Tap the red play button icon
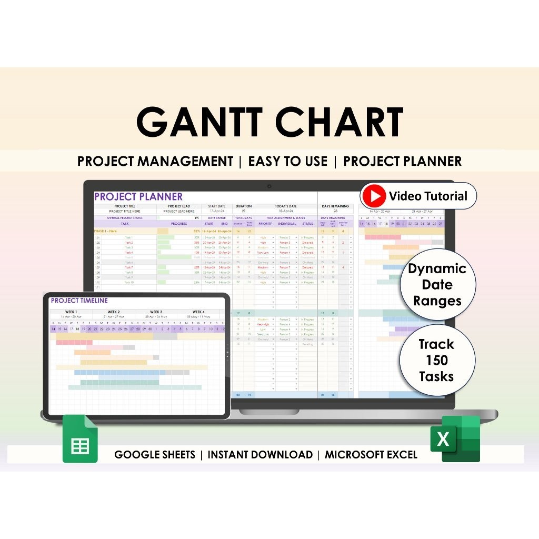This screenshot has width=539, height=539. pyautogui.click(x=373, y=196)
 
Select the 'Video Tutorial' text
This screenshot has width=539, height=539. pyautogui.click(x=427, y=196)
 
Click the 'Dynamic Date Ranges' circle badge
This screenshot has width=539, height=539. pyautogui.click(x=437, y=284)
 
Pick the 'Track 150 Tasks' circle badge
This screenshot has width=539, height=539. pyautogui.click(x=436, y=360)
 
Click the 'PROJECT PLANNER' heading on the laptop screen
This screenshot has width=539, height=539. pyautogui.click(x=138, y=197)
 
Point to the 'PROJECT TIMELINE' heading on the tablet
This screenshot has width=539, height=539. pyautogui.click(x=79, y=301)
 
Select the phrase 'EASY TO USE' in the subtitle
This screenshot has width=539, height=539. pyautogui.click(x=287, y=161)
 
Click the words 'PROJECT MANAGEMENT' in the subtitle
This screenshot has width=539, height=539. pyautogui.click(x=155, y=161)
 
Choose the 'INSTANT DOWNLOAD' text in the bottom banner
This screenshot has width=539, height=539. pyautogui.click(x=260, y=455)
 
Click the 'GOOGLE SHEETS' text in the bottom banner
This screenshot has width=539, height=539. pyautogui.click(x=155, y=455)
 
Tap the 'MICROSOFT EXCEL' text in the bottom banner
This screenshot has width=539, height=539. pyautogui.click(x=371, y=455)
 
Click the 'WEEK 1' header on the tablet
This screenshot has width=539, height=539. pyautogui.click(x=71, y=312)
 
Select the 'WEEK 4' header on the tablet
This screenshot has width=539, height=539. pyautogui.click(x=199, y=312)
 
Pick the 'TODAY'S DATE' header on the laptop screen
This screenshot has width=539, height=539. pyautogui.click(x=286, y=206)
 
